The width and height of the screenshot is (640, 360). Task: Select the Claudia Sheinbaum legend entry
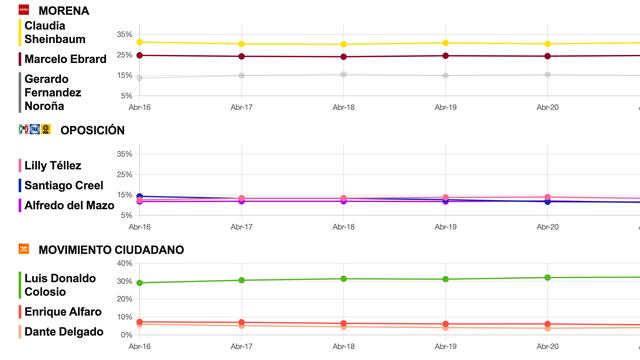coord(56,32)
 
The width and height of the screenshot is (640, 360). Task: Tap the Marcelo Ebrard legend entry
coord(65,59)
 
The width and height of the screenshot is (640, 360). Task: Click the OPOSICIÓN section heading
coord(92,130)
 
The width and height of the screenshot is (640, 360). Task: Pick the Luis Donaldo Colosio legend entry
coord(60,284)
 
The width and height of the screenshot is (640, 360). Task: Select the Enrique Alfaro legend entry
coord(62,312)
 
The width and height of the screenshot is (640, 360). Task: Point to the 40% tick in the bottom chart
coord(125,263)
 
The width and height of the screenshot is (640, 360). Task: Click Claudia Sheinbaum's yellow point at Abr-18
coord(344,44)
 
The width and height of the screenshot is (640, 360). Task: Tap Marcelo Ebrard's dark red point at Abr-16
coord(139,55)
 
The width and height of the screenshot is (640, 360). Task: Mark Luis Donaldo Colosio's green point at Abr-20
coord(547,277)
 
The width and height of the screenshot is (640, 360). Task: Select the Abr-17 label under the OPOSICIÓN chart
coord(241,226)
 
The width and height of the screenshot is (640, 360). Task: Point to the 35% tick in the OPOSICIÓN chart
coord(125,154)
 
